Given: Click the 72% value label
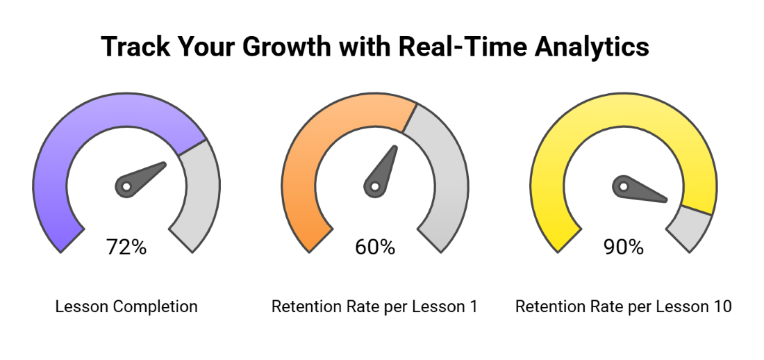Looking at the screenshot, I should click(126, 247).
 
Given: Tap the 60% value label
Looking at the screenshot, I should click(375, 247).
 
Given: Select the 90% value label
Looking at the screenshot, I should click(623, 247).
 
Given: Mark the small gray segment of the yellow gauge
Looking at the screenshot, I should click(691, 229).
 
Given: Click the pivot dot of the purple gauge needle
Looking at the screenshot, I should click(126, 186).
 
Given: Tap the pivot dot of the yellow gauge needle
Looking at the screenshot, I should click(623, 186).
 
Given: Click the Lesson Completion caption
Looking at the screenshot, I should click(126, 306).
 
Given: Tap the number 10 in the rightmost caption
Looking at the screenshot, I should click(722, 306).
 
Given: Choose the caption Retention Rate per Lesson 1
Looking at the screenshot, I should click(374, 306).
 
